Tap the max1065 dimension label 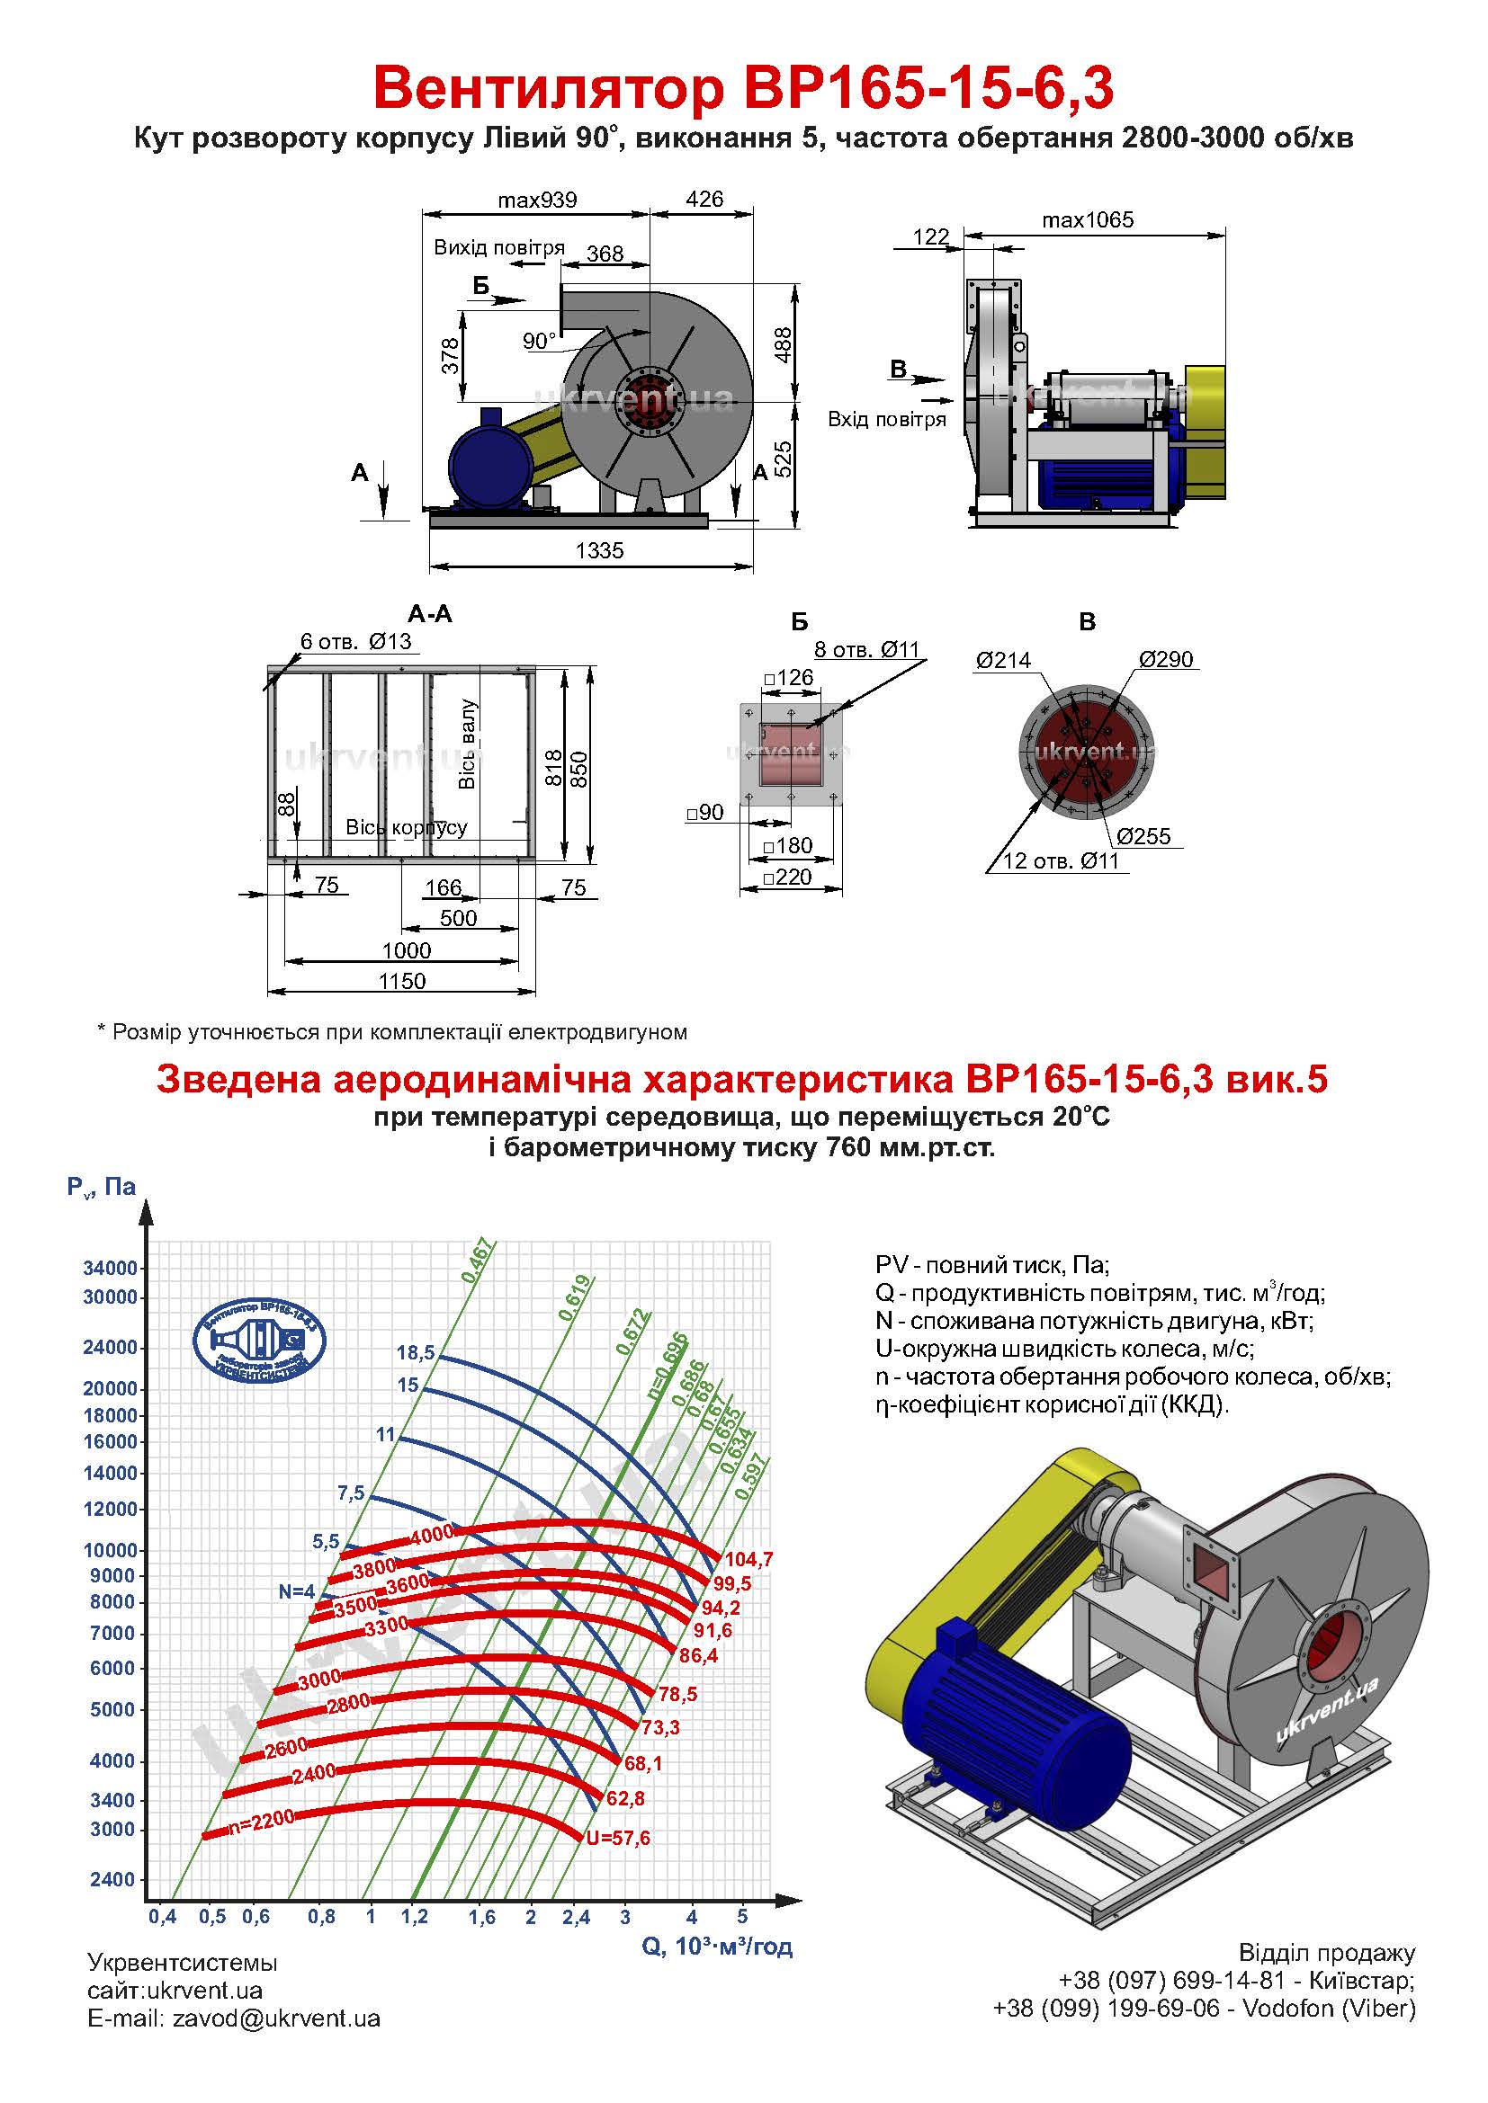1087,219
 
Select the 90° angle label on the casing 539,342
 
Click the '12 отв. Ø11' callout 1061,861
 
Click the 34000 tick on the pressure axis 110,1269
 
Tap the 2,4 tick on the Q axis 577,1917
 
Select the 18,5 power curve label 415,1353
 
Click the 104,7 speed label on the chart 748,1559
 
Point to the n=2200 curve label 261,1821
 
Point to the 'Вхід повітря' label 886,420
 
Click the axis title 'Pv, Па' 101,1187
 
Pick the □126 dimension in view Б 789,678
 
